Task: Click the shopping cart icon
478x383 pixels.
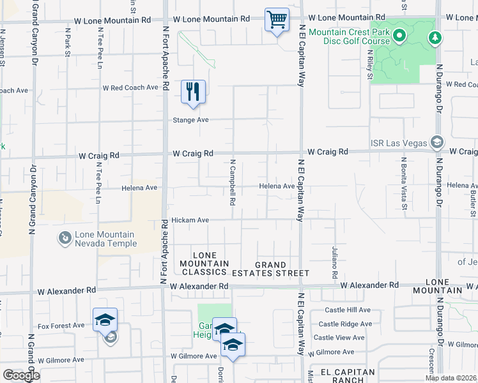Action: tap(277, 20)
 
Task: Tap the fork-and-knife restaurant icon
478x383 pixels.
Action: tap(193, 92)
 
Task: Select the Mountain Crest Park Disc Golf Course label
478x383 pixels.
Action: tap(348, 37)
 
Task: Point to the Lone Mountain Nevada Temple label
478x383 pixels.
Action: tap(105, 239)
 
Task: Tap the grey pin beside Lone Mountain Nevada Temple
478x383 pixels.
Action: tap(65, 239)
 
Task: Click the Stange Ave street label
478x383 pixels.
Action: tap(192, 120)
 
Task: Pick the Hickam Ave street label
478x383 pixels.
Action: tap(190, 220)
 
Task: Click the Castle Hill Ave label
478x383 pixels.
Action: tap(347, 310)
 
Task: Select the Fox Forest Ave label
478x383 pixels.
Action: tap(61, 326)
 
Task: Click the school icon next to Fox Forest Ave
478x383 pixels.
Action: tap(105, 320)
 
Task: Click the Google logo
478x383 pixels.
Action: tap(21, 375)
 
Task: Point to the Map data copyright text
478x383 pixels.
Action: tap(451, 378)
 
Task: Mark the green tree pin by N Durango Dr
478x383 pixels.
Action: tap(435, 39)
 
